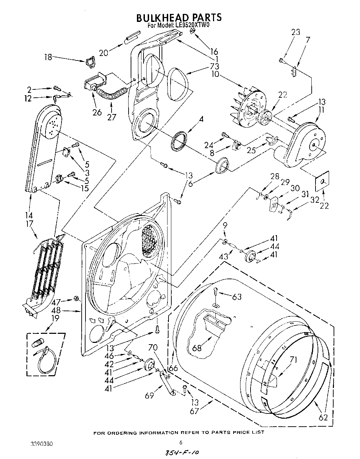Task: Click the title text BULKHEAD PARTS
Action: pyautogui.click(x=179, y=17)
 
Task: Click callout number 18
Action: pyautogui.click(x=48, y=57)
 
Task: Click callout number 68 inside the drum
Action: pyautogui.click(x=197, y=347)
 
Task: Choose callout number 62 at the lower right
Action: pyautogui.click(x=323, y=418)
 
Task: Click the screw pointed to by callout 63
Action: pyautogui.click(x=216, y=292)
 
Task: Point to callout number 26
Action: pyautogui.click(x=97, y=112)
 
